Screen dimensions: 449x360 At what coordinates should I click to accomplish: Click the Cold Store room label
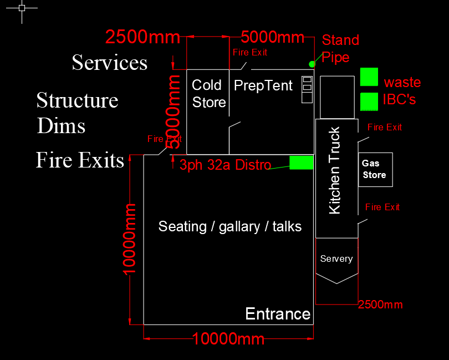209,94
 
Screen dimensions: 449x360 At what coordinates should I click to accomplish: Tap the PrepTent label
263,85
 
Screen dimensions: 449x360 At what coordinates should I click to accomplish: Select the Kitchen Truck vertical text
334,170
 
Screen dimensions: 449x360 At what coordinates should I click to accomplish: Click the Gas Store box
375,170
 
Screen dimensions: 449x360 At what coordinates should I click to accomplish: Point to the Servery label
336,259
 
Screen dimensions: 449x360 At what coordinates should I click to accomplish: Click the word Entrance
278,313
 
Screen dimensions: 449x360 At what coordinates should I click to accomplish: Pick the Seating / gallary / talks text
230,226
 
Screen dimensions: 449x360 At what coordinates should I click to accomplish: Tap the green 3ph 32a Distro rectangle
301,163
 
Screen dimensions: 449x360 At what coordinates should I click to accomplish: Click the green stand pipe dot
312,64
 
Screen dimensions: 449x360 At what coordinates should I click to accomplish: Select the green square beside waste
369,77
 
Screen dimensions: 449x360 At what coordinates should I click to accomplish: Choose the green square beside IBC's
369,102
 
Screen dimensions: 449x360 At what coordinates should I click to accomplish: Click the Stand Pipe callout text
340,48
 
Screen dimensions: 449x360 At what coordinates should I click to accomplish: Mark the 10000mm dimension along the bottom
228,339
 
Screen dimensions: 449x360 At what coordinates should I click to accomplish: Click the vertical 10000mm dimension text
129,239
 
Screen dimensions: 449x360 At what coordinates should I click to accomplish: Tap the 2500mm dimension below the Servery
380,305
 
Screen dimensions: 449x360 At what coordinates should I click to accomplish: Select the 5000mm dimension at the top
272,37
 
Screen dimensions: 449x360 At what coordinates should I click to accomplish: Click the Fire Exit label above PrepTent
249,53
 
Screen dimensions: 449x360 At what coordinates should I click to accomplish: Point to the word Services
109,63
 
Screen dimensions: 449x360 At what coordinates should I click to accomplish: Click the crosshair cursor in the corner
22,8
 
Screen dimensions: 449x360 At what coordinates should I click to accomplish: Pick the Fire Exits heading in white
80,160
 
